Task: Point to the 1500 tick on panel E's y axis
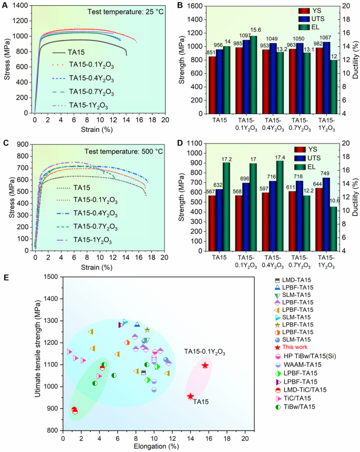pos(53,276)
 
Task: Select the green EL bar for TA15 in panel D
pos(226,207)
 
